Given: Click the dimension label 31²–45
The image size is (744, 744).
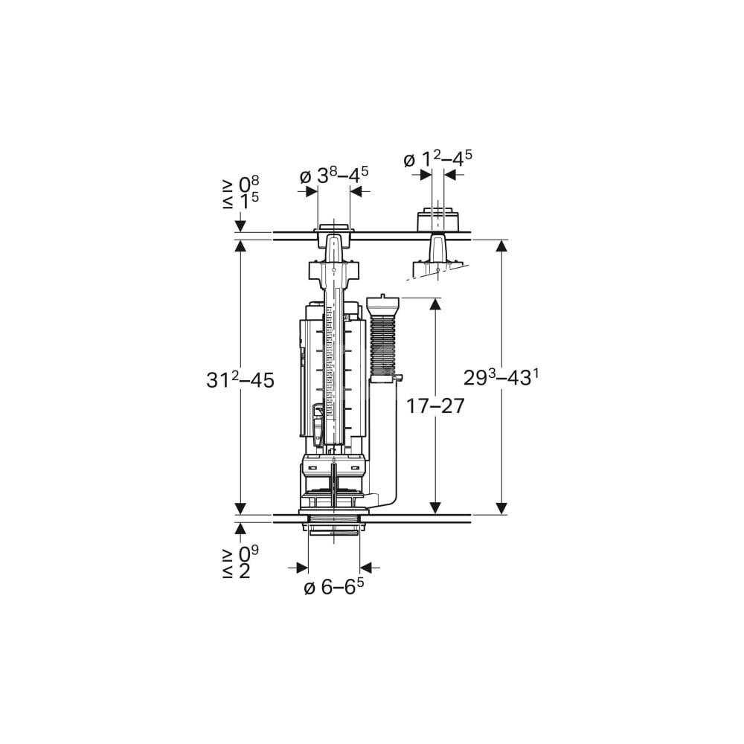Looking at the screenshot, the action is click(x=240, y=380).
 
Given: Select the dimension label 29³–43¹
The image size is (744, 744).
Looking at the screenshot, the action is click(x=501, y=378).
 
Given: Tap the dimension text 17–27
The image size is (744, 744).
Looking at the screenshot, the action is click(x=435, y=406).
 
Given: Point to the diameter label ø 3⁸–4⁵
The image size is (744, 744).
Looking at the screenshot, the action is click(x=334, y=175).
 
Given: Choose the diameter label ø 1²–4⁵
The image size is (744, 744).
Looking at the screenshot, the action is click(x=437, y=158).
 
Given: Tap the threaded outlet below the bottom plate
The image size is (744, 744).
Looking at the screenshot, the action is click(x=334, y=527).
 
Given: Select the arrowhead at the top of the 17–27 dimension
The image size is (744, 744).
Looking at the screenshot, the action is click(x=435, y=304).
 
